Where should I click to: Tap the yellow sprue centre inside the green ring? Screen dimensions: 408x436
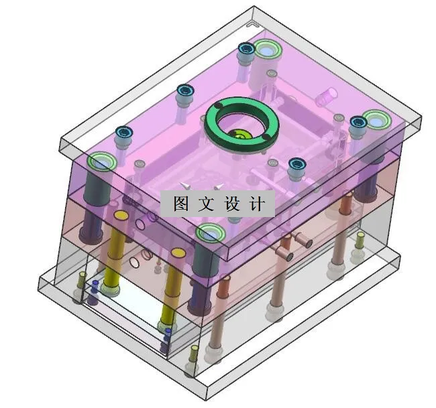pos(239,136)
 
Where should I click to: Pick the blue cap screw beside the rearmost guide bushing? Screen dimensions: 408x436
pos(246,49)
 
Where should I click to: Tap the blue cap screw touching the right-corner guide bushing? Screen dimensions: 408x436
pos(358,123)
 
